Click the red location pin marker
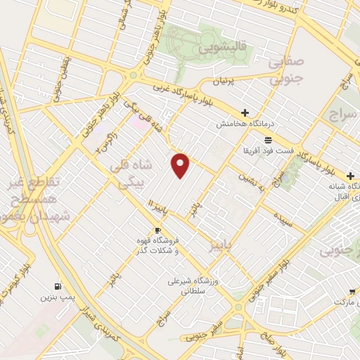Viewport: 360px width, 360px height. pos(181,165)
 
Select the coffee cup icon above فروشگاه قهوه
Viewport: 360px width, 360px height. pos(158,230)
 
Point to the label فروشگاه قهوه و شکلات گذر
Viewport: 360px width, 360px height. pos(156,245)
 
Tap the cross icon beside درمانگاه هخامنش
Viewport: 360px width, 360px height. pos(245,112)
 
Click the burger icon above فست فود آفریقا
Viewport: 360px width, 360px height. pos(268,140)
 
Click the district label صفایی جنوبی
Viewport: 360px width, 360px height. pos(288,71)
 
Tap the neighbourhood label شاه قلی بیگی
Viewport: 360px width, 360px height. pos(128,174)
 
